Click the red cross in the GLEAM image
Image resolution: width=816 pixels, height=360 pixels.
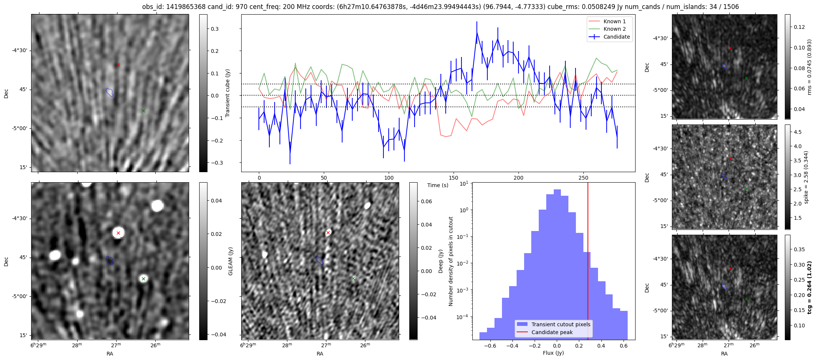pos(118,233)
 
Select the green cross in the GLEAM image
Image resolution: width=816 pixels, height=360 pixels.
pos(143,279)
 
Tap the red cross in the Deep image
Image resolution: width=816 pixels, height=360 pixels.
pos(328,233)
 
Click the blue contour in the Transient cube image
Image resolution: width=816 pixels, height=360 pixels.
pos(110,92)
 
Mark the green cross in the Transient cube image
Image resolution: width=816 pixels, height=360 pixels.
pos(143,111)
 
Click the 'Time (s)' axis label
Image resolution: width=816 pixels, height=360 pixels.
pos(438,185)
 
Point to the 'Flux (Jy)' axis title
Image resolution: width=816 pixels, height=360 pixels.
pos(553,353)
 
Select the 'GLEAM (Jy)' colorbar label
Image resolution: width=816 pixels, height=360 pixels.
pos(230,261)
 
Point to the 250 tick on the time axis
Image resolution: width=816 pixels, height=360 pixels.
pos(583,178)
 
